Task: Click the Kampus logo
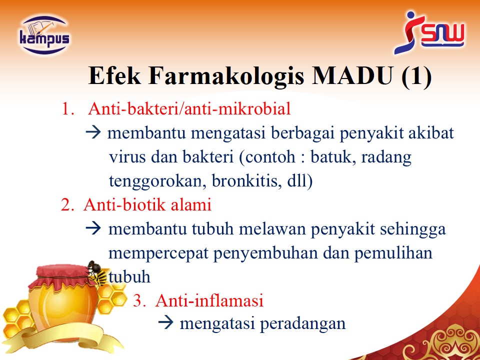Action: (x=44, y=35)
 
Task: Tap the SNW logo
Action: (x=429, y=32)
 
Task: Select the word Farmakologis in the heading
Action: (x=226, y=76)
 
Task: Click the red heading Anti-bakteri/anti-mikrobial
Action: (x=189, y=108)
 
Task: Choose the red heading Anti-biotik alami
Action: (x=147, y=204)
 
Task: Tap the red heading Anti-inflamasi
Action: (x=209, y=300)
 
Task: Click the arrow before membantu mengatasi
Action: (x=93, y=133)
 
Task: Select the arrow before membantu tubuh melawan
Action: (x=93, y=228)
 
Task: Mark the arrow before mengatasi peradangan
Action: (x=165, y=323)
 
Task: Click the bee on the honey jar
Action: (x=96, y=273)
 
